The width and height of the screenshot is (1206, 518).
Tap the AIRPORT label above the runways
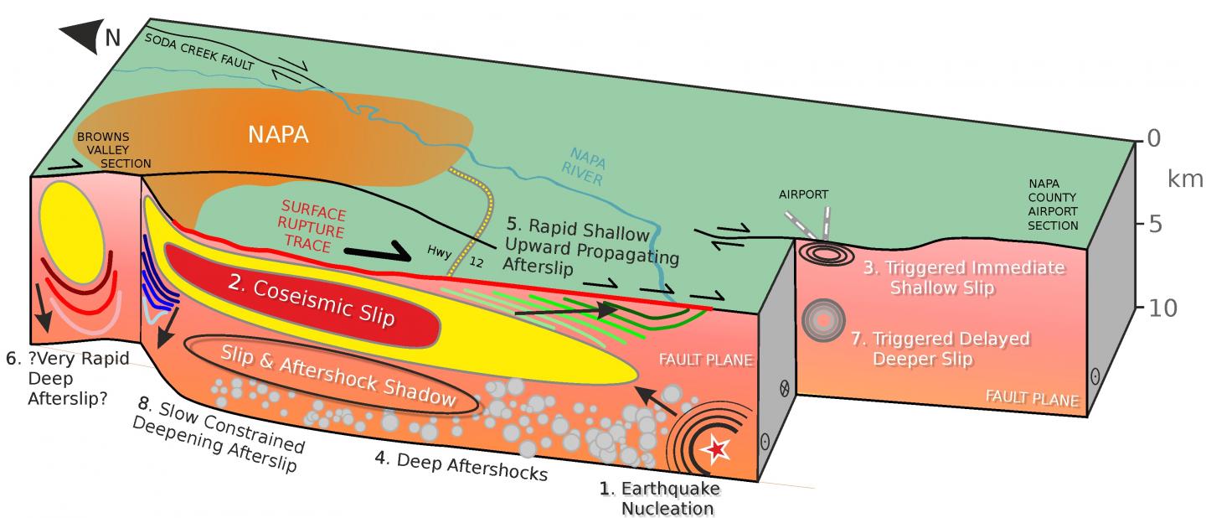802,194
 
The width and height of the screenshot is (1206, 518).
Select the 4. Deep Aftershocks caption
461,464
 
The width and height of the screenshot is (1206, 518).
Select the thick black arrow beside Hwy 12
375,251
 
